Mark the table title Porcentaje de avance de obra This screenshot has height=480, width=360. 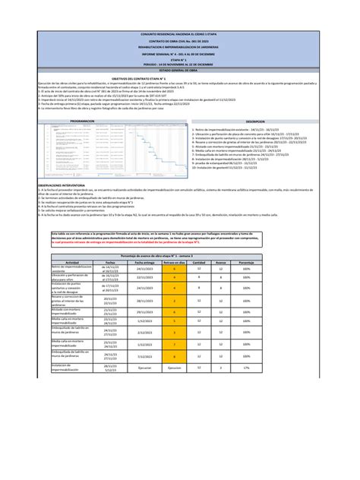coord(180,254)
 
